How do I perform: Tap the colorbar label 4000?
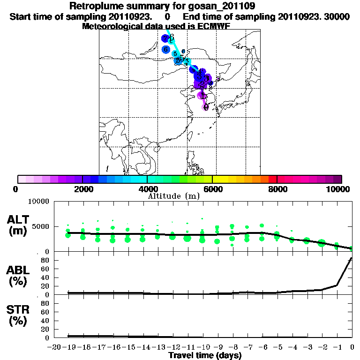[x=147, y=189]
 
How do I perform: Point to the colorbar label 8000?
[x=277, y=189]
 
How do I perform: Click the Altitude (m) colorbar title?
[x=180, y=195]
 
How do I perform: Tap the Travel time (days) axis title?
[x=205, y=356]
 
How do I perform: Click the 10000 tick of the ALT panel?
[x=39, y=202]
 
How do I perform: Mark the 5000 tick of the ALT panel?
[x=41, y=227]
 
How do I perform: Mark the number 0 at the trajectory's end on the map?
[x=206, y=107]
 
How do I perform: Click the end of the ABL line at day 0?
[x=352, y=258]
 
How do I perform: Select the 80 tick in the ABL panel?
[x=45, y=260]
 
